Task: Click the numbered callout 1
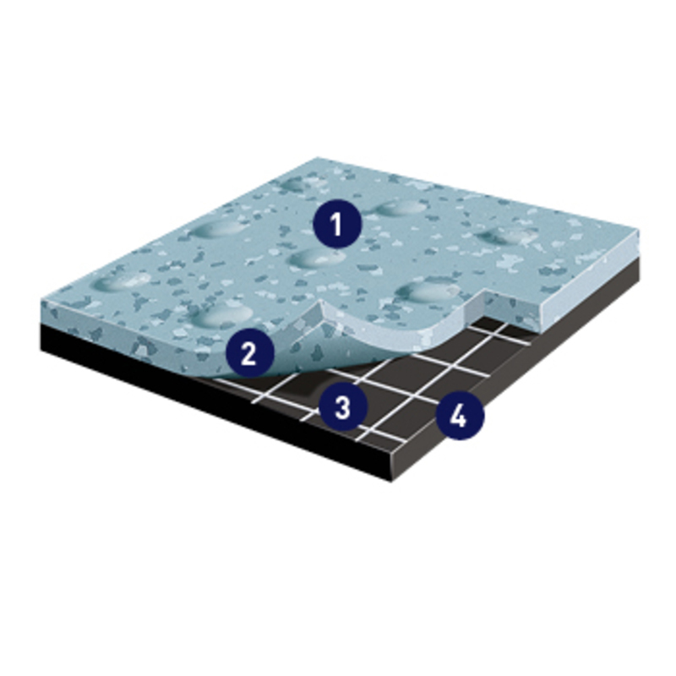coord(337,224)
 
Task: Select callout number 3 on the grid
coord(343,406)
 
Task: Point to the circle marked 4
coord(460,416)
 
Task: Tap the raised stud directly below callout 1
coord(313,259)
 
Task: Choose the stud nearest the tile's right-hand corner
coord(509,237)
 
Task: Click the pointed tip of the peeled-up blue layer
coord(321,302)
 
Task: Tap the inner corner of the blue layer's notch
coord(487,294)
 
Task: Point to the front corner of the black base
coord(390,480)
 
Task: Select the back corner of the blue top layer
coord(318,158)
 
